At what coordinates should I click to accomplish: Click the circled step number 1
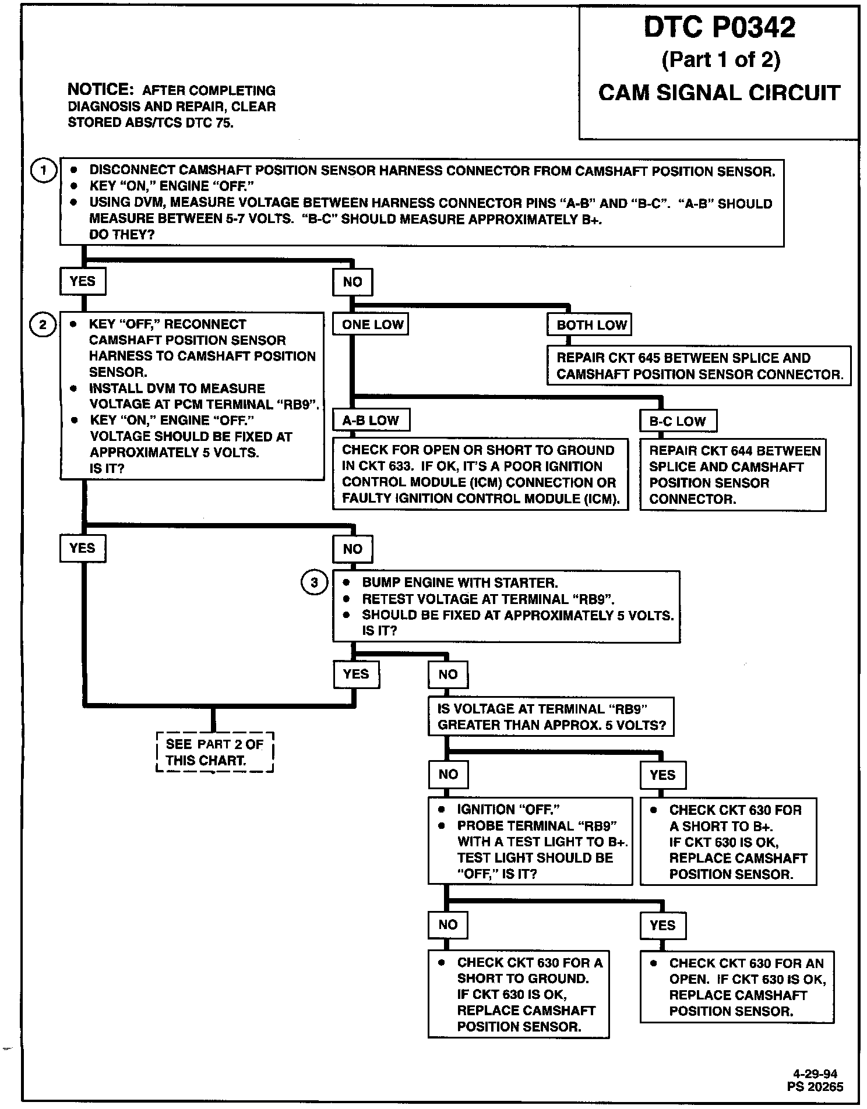coord(43,171)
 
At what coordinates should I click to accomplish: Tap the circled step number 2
coord(43,324)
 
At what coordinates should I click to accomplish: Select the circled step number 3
coord(314,582)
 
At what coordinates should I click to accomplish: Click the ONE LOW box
coord(371,324)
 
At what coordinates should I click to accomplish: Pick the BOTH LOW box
coord(590,325)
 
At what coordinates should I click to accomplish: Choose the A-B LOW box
coord(371,421)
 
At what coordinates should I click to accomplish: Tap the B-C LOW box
coord(678,421)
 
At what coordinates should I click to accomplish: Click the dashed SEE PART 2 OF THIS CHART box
coord(214,752)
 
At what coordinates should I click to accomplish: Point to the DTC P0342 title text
coord(719,27)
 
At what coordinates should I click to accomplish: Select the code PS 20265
coord(815,1086)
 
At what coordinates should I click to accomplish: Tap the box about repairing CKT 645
coord(699,366)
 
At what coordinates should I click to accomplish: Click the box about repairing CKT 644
coord(732,475)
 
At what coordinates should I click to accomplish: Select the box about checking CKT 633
coord(480,474)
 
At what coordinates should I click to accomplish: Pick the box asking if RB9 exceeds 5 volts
coord(551,717)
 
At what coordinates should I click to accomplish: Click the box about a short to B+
coord(728,841)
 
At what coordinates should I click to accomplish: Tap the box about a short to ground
coord(518,994)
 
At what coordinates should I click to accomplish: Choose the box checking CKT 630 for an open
coord(736,987)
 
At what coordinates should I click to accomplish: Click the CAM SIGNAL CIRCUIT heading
coord(719,93)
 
